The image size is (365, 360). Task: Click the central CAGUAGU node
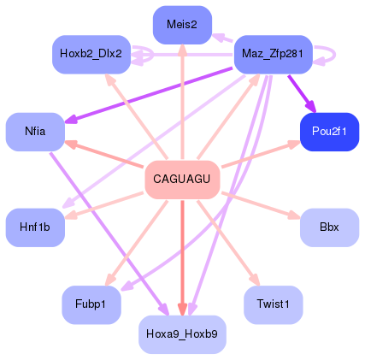182,179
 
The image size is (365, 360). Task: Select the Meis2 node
182,25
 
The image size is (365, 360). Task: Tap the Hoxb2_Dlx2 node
91,54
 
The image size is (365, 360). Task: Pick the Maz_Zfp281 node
273,54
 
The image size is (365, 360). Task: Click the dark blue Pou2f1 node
329,132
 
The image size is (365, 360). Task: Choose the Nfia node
35,132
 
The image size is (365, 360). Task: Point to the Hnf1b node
35,227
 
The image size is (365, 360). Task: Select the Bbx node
329,227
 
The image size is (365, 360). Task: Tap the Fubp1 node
91,304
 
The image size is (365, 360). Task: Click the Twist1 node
273,304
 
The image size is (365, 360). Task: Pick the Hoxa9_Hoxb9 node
182,333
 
